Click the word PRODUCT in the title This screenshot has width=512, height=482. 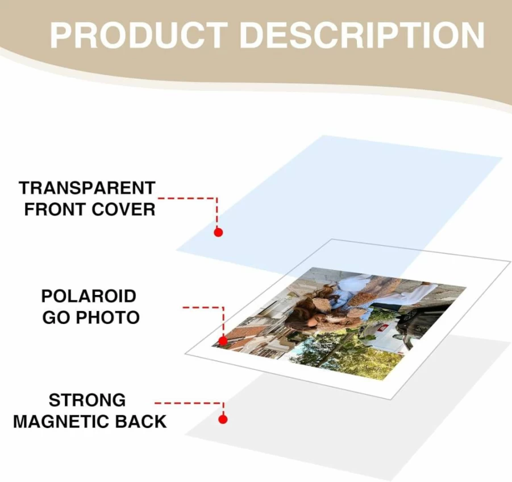[139, 35]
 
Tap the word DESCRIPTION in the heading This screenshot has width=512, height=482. [362, 35]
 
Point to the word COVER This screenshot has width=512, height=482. [123, 209]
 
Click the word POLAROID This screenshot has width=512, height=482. [89, 296]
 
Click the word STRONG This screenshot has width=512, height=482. [87, 400]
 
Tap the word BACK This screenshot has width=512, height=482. [141, 422]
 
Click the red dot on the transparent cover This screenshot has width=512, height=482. [218, 232]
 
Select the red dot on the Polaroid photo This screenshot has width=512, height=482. [223, 341]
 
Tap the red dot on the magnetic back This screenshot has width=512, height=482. [223, 419]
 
